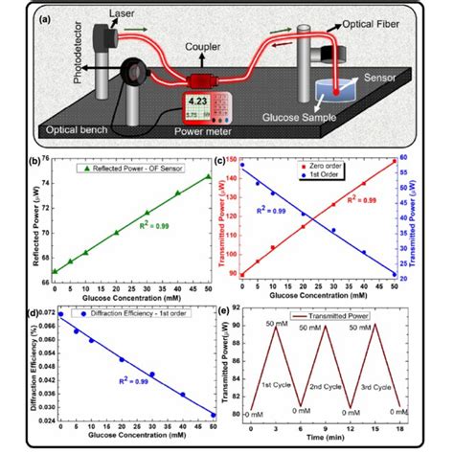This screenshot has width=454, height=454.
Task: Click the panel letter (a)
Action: tap(43, 13)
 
